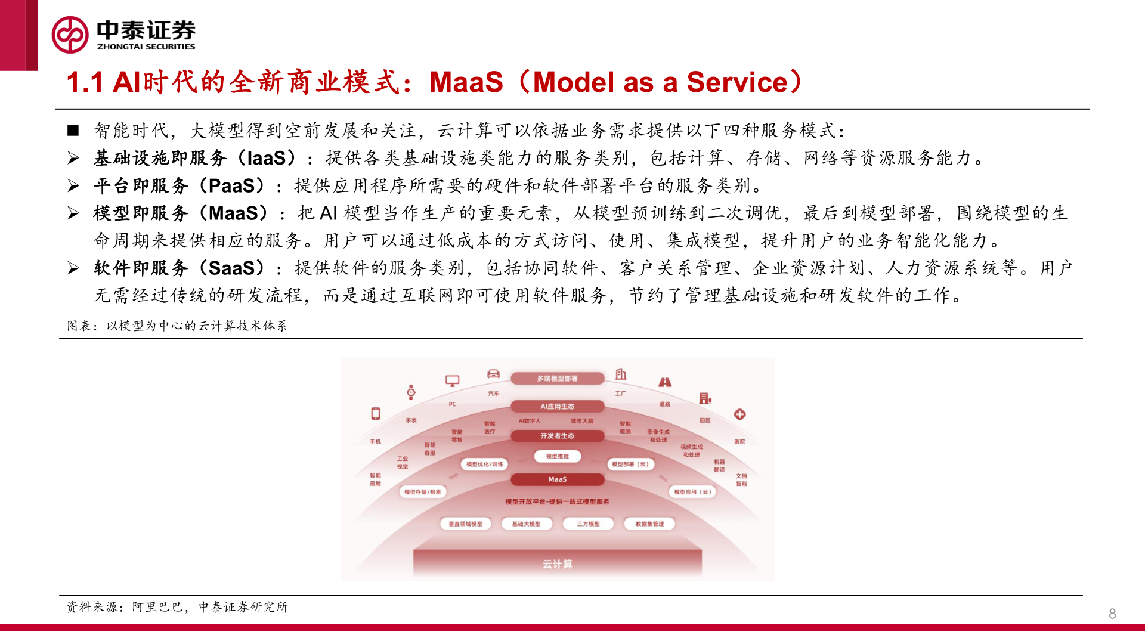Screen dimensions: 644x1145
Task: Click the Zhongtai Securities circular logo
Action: [70, 35]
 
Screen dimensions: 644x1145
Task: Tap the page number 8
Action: [1112, 614]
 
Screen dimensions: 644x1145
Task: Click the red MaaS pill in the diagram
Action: [558, 479]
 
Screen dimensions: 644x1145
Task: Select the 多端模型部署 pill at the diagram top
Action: [558, 379]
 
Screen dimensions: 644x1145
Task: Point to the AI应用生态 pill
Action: [558, 407]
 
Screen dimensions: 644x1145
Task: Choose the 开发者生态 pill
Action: [558, 436]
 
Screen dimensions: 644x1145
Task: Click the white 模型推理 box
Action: [558, 457]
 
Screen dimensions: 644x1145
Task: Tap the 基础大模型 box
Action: [526, 524]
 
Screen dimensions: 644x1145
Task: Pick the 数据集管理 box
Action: [649, 524]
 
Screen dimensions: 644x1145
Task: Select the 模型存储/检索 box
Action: [423, 492]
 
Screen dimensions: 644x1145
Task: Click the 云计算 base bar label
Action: [558, 564]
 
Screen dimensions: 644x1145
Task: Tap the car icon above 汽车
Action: [493, 374]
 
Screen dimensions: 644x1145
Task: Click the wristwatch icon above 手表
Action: [411, 392]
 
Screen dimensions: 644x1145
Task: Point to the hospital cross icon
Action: [739, 414]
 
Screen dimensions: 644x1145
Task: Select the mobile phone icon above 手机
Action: [376, 414]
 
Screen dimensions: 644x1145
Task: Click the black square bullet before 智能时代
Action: [73, 131]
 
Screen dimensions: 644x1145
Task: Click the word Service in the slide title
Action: [737, 82]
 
